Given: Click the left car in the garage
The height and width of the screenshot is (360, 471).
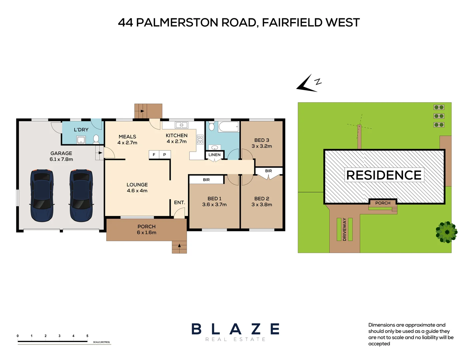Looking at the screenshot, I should coord(42,195).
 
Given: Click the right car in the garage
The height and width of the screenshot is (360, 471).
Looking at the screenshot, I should coord(81,195).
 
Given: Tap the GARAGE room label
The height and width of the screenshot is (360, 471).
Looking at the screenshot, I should coord(61,153).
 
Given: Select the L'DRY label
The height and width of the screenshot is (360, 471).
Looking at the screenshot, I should coord(81,130).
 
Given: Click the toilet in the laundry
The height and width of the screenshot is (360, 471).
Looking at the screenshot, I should coord(96,139).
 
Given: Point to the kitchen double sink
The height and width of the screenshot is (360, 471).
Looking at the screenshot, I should coord(182,125).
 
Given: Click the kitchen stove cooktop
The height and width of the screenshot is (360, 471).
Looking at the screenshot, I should coord(200,139).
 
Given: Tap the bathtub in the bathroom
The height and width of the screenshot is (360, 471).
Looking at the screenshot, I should coord(229,127).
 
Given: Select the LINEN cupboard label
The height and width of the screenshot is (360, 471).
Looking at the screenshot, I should coord(214,155).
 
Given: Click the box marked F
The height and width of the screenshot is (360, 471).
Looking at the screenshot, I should coord(154,155).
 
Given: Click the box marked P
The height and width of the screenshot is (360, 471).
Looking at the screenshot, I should coord(165,155).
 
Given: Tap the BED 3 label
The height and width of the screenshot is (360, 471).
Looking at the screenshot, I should coord(262,140).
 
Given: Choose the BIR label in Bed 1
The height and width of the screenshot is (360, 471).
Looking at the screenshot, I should coord(206,180).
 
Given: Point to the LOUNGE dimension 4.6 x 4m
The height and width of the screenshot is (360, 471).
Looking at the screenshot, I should coord(137,191).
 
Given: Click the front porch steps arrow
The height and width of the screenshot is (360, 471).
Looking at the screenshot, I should coord(179,246).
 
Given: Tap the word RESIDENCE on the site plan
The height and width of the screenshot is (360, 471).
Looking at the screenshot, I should coord(384,175).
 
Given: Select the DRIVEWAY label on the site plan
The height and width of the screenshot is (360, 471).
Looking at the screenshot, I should coord(345,229).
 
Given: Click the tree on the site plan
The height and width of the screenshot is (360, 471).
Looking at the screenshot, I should coord(447,232).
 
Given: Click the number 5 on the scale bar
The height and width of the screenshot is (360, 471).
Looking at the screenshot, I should coord(87,336).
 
